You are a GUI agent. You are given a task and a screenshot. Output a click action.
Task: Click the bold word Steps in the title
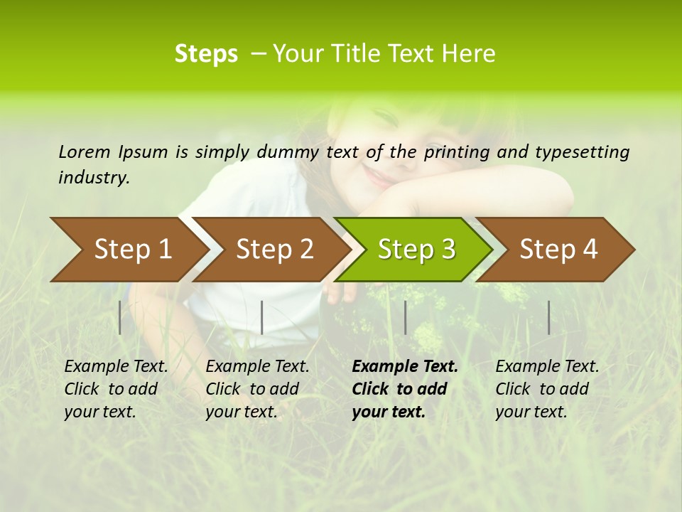[206, 54]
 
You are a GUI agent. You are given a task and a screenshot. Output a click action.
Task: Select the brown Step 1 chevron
[128, 249]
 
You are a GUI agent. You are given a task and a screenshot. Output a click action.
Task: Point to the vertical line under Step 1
[120, 317]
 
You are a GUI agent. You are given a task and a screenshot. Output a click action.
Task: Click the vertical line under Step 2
[262, 317]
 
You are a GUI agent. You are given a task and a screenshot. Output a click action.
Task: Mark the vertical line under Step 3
[405, 317]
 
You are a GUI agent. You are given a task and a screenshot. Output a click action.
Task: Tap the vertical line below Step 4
[548, 317]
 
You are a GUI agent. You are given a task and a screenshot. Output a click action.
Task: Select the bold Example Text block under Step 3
[404, 389]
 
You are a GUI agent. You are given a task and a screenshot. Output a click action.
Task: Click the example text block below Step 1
[116, 389]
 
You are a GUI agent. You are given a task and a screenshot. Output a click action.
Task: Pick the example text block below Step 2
[257, 389]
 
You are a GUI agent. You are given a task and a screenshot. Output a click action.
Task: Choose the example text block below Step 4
[547, 389]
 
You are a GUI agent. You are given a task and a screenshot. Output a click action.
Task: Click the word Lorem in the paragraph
[84, 151]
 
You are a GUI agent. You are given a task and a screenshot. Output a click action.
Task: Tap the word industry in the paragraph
[93, 178]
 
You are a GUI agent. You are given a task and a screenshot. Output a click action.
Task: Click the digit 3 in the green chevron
[448, 249]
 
